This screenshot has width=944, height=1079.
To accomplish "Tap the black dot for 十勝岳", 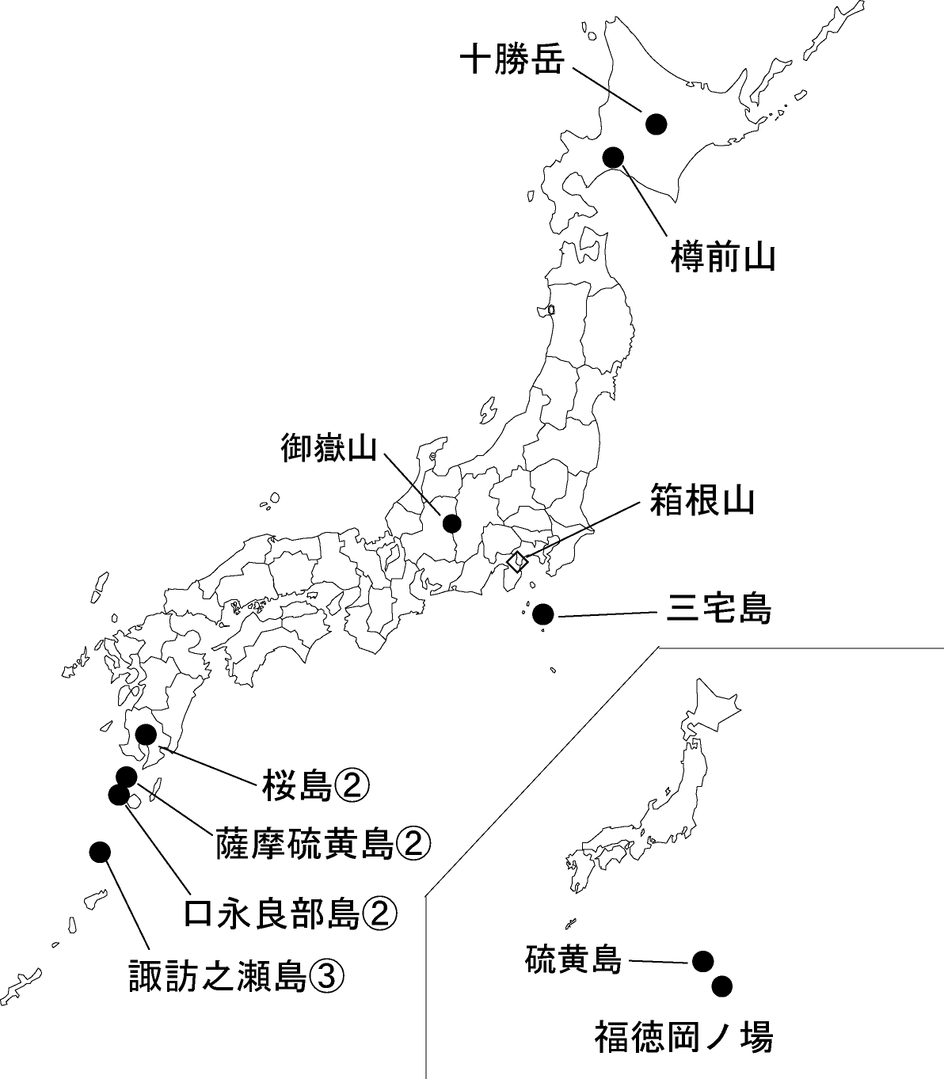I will (657, 123).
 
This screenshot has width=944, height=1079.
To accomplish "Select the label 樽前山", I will (722, 257).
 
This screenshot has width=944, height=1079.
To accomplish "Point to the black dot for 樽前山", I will (613, 157).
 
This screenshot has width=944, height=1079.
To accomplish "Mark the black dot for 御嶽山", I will (452, 523).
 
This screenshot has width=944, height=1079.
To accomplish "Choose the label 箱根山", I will (702, 500).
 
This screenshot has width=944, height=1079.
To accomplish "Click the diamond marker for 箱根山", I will (516, 562).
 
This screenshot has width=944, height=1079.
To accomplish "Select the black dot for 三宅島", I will (543, 614).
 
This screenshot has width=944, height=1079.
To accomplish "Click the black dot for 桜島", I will (147, 735).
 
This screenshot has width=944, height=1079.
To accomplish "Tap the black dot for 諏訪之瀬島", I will (100, 852).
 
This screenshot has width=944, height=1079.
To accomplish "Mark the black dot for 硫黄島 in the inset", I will (702, 961).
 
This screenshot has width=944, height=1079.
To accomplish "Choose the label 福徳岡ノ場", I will (683, 1037).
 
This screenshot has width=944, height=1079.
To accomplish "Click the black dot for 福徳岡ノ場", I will (721, 986).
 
